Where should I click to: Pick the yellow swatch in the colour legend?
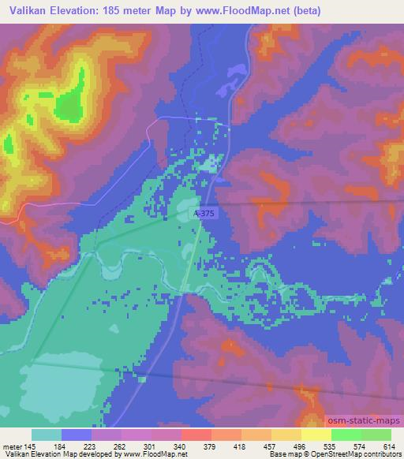coord(316,435)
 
